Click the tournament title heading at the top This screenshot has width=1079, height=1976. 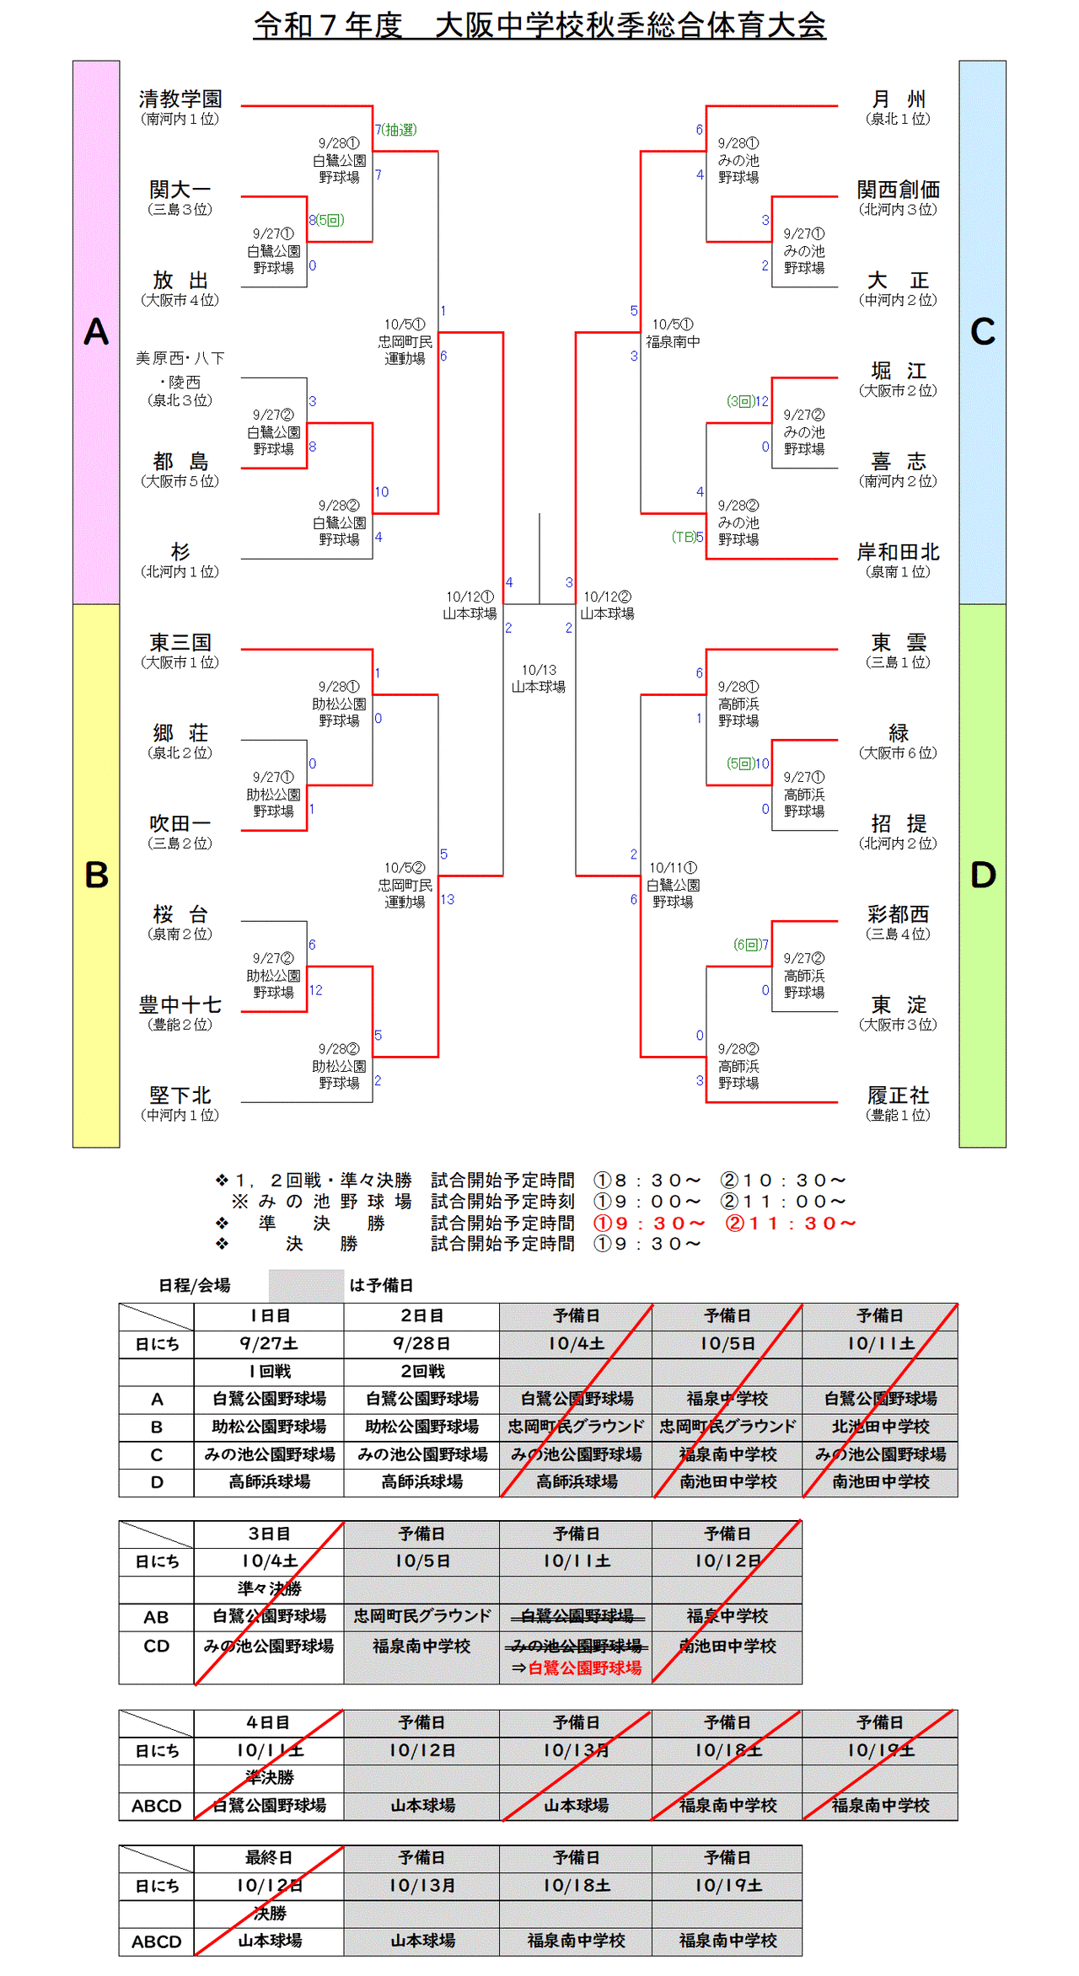point(539,25)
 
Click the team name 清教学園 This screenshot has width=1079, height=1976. point(180,99)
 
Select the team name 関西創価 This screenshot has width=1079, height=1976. point(898,190)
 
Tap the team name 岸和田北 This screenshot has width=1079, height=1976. point(898,552)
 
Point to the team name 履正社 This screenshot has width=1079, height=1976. point(898,1095)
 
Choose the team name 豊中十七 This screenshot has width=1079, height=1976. point(180,1004)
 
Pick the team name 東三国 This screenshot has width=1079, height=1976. point(180,643)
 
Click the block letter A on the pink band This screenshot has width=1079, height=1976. point(96,332)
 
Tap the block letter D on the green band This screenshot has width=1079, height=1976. point(983,876)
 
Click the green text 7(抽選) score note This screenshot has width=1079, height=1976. point(396,130)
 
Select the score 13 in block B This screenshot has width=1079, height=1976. point(447,900)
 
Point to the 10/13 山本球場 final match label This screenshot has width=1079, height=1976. point(539,678)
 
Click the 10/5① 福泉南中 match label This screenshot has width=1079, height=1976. point(673,333)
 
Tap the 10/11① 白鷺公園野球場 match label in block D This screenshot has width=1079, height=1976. point(673,885)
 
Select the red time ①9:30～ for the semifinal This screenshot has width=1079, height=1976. point(649,1223)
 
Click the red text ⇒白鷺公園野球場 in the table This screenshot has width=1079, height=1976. point(577,1668)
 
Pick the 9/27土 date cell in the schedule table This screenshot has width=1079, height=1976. point(269,1343)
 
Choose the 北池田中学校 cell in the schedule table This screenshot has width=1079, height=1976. point(880,1427)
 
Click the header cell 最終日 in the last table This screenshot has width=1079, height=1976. point(269,1857)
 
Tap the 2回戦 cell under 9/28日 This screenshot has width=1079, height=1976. point(421,1371)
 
